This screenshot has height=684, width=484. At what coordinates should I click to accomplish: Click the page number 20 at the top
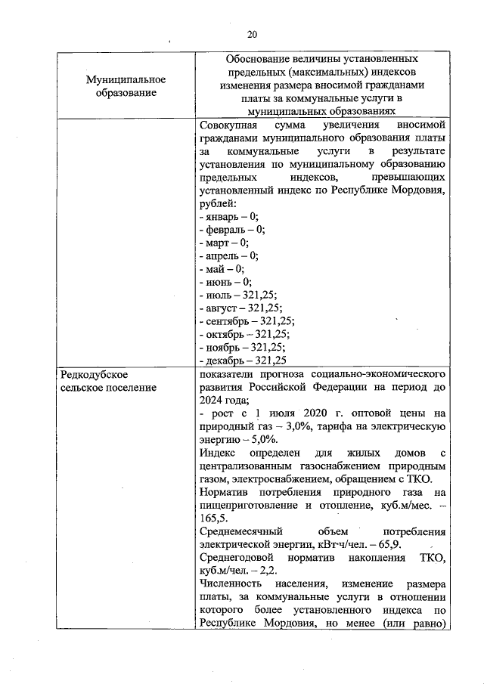tap(252, 34)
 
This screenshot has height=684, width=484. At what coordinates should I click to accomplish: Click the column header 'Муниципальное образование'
tap(126, 85)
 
